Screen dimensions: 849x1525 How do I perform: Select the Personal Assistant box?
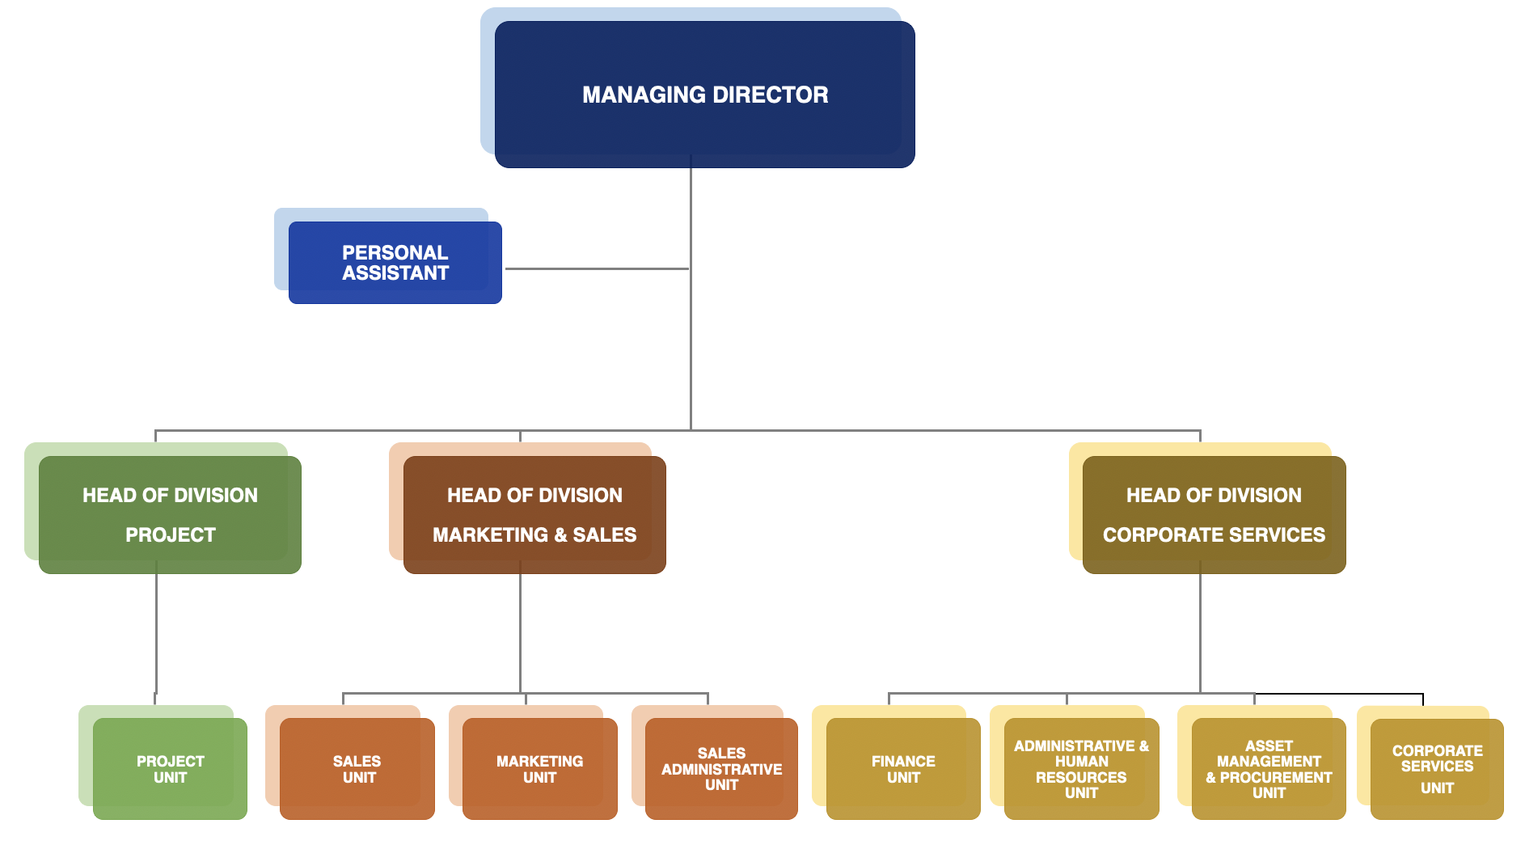(395, 263)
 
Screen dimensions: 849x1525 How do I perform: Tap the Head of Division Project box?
(170, 515)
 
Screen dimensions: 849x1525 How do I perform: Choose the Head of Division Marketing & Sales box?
(534, 515)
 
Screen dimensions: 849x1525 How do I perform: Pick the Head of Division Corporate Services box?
(1214, 515)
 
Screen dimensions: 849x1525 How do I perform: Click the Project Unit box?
(170, 769)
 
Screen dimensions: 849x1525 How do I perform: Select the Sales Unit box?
(357, 769)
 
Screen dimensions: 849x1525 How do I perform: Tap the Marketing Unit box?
(540, 769)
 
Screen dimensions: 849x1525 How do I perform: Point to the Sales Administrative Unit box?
(721, 769)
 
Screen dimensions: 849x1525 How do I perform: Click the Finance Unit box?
(903, 769)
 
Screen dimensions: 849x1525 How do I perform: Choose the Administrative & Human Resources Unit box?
(1081, 769)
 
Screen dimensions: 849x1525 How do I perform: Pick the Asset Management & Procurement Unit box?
(1269, 769)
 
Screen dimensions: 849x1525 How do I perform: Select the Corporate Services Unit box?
(1437, 769)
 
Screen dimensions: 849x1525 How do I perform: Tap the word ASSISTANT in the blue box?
(395, 273)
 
